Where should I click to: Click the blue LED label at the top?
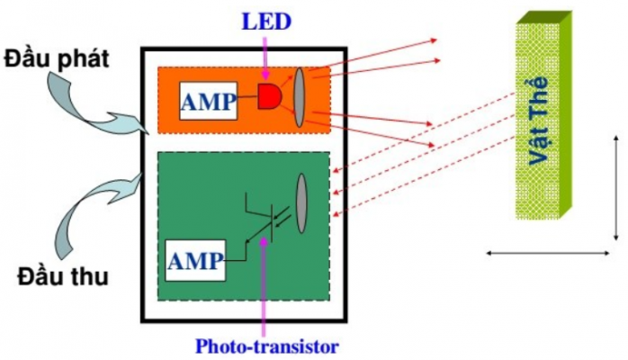click(x=266, y=18)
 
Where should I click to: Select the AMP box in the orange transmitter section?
click(x=209, y=100)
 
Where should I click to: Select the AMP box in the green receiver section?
click(x=195, y=262)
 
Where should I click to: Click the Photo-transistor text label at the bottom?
click(x=267, y=345)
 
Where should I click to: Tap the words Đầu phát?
click(x=57, y=59)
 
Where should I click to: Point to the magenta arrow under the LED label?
click(x=266, y=54)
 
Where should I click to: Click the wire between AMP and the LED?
click(x=247, y=97)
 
